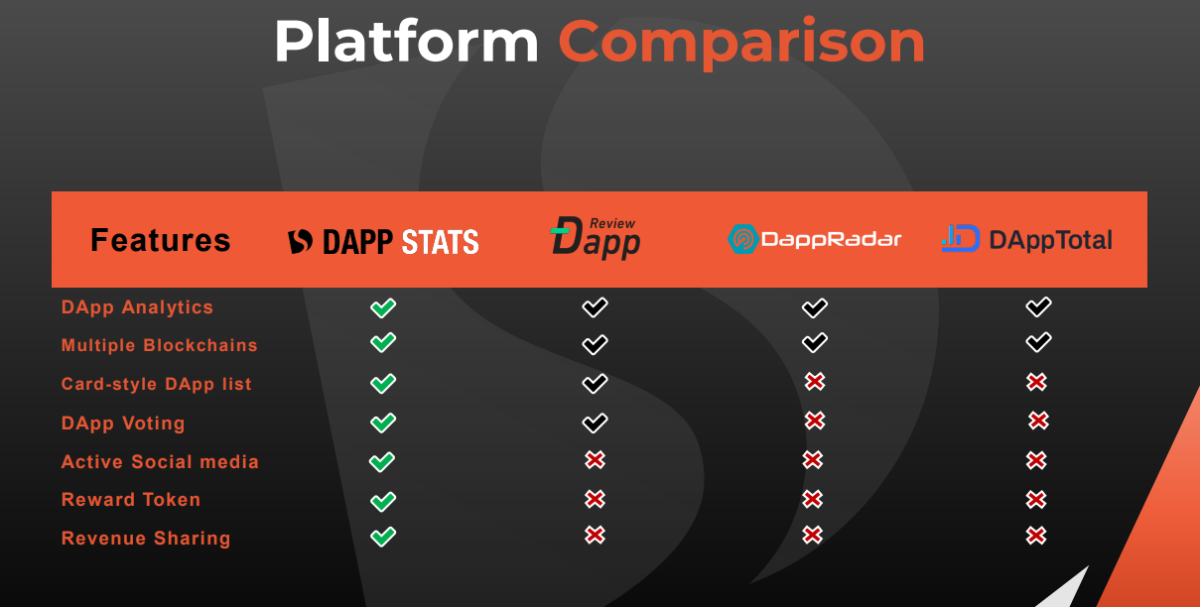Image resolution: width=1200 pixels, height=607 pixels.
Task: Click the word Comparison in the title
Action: (742, 42)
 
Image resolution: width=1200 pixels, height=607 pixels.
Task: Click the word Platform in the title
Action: (406, 41)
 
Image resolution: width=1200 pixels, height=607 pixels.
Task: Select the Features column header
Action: (160, 240)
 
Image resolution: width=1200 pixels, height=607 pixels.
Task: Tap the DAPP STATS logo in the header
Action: (383, 241)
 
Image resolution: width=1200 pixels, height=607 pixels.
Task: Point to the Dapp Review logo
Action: (596, 238)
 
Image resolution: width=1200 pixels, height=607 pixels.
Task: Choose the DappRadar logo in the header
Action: (814, 239)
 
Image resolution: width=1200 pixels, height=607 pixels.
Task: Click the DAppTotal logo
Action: (1027, 239)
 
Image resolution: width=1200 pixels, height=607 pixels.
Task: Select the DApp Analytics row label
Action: (137, 307)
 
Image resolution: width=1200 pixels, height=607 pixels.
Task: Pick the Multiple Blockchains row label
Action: (160, 345)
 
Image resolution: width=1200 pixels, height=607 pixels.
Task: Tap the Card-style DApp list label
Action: (157, 384)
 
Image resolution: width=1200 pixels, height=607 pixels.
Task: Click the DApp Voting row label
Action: (123, 423)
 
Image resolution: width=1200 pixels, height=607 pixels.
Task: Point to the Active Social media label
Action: (160, 461)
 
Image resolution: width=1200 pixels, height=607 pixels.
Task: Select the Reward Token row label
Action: (131, 500)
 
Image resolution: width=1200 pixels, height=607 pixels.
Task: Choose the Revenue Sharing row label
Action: (146, 538)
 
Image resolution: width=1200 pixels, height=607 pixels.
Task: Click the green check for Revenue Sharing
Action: (383, 537)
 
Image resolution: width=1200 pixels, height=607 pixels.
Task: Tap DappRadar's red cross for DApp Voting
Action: (815, 421)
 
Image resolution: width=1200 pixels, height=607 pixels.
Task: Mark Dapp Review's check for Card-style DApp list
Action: (595, 383)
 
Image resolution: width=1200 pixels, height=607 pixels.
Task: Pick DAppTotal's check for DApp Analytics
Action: (1039, 306)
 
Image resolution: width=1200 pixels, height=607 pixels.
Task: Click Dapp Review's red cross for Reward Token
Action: (595, 499)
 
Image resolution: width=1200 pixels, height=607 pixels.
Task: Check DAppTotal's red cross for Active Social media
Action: (1036, 460)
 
